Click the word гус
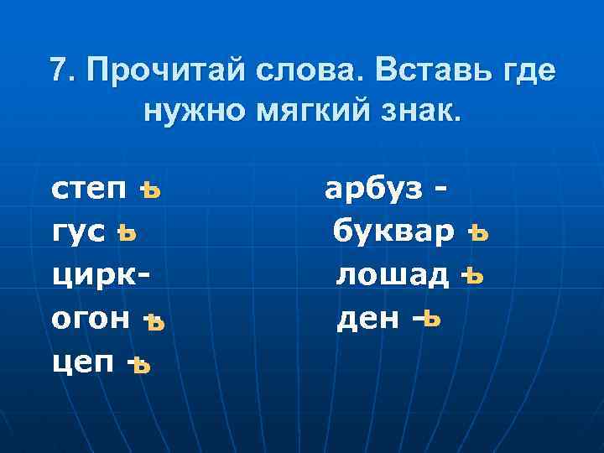tap(78, 232)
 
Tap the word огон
tap(91, 319)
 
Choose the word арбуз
tap(374, 190)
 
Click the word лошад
tap(392, 275)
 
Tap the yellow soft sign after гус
tap(127, 233)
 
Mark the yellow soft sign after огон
tap(153, 320)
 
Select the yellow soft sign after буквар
tap(477, 232)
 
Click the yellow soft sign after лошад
tap(474, 276)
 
